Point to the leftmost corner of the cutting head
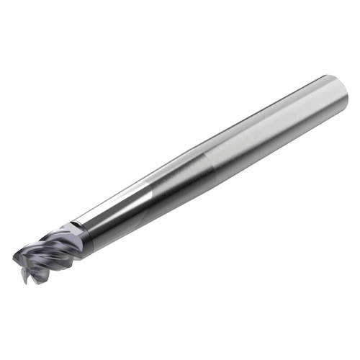pos(14,255)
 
